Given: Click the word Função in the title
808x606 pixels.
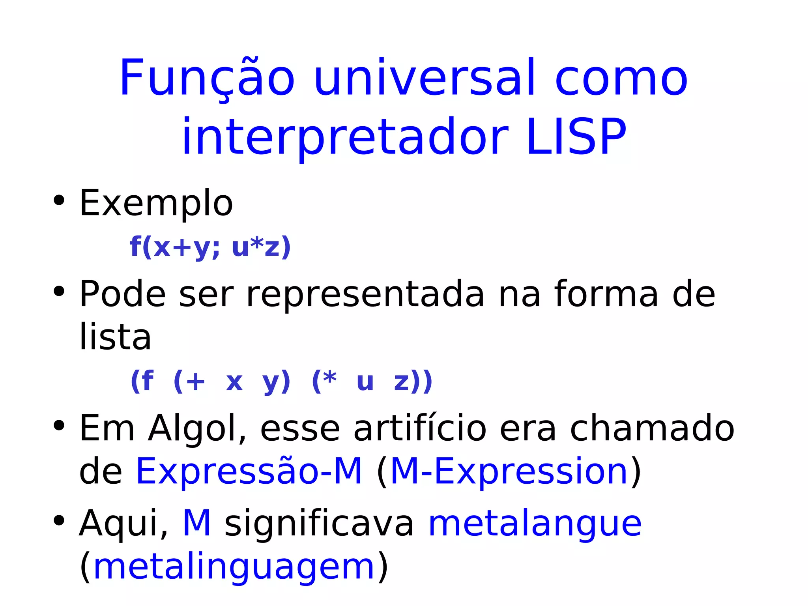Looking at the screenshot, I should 207,78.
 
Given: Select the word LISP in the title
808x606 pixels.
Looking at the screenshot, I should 576,137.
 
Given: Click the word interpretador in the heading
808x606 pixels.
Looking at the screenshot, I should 345,137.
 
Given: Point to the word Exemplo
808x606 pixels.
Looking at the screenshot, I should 156,204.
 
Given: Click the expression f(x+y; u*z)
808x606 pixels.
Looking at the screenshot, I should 210,247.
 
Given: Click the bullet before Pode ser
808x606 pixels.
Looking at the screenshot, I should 59,292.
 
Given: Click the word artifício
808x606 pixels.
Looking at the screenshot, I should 420,429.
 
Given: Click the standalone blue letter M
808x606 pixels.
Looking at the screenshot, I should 197,523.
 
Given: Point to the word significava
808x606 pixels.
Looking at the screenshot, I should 320,524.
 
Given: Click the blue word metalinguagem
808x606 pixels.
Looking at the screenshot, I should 234,567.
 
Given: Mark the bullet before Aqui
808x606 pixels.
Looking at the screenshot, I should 59,521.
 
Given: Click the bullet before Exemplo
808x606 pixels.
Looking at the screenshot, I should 59,200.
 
